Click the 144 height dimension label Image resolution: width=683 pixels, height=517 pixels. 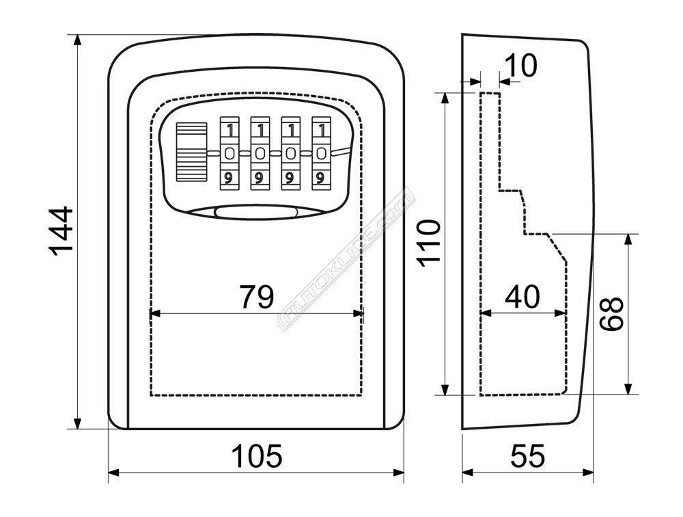[61, 231]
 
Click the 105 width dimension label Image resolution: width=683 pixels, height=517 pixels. [257, 456]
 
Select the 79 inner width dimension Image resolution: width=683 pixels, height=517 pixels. [257, 297]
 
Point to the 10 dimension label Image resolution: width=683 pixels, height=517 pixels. [521, 66]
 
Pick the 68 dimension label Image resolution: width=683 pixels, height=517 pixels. [611, 314]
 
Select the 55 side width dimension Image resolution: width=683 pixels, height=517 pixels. [528, 456]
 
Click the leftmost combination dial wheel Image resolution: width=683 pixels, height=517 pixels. [229, 153]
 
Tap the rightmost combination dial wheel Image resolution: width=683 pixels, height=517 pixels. [321, 153]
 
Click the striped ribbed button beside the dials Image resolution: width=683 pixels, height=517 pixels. [191, 152]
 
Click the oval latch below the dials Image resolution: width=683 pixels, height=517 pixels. [255, 213]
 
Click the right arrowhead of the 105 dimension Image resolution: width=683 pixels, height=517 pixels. [399, 473]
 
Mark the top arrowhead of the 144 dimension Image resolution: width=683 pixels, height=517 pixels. [78, 40]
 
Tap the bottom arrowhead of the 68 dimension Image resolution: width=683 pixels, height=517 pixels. [628, 388]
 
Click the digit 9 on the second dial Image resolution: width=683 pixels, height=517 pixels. [260, 178]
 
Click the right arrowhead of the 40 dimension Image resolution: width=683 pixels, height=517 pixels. [561, 313]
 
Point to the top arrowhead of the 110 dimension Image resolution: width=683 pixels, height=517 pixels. [445, 98]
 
